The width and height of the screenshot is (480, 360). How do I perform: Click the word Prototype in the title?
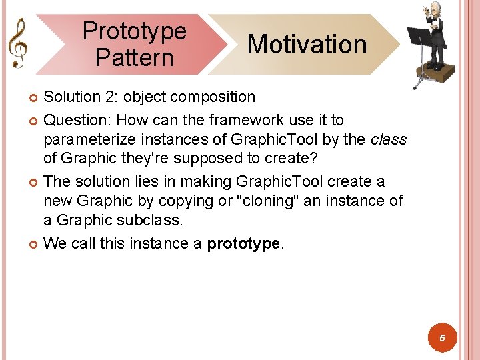click(x=135, y=31)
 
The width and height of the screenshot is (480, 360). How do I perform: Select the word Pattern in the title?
click(x=134, y=57)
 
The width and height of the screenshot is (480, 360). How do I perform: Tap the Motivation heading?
click(x=307, y=45)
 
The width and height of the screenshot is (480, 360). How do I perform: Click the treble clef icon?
click(x=17, y=42)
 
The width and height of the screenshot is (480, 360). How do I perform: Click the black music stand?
click(x=419, y=36)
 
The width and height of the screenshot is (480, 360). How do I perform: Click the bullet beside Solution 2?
click(x=35, y=98)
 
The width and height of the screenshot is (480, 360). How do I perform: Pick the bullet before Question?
click(x=35, y=121)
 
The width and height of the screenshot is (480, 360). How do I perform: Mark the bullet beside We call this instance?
click(x=35, y=245)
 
